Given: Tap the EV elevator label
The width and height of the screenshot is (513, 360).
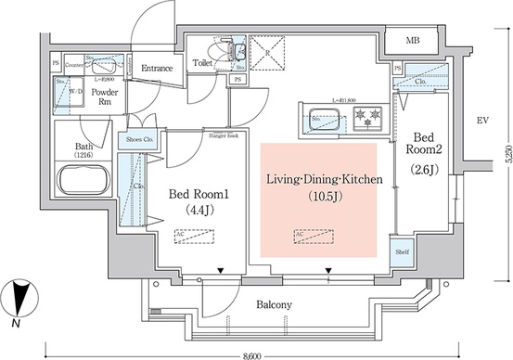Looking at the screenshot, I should (x=481, y=121).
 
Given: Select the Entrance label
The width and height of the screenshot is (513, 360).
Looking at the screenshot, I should (x=157, y=68).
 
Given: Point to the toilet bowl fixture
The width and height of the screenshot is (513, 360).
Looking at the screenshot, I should (x=224, y=50).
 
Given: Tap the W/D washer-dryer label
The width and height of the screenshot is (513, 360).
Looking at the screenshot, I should (x=72, y=92).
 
